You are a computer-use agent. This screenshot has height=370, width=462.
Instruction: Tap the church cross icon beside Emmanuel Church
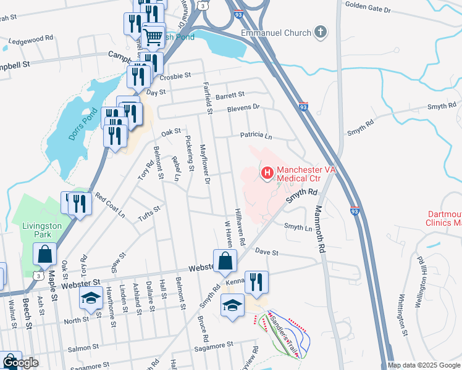(x=320, y=31)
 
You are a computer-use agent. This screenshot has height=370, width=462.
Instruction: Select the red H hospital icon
(x=267, y=173)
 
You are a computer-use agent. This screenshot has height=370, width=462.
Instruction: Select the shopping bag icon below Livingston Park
(x=45, y=254)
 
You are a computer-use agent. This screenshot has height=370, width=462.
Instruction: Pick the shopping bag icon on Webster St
(x=225, y=261)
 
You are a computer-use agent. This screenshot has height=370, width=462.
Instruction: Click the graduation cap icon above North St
(x=90, y=299)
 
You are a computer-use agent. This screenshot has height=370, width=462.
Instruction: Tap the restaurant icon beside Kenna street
(x=256, y=282)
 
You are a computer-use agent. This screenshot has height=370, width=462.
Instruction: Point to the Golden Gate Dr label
(x=368, y=10)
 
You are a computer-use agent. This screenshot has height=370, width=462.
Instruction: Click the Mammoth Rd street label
(x=321, y=229)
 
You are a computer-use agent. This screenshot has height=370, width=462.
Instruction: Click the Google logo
(x=20, y=363)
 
